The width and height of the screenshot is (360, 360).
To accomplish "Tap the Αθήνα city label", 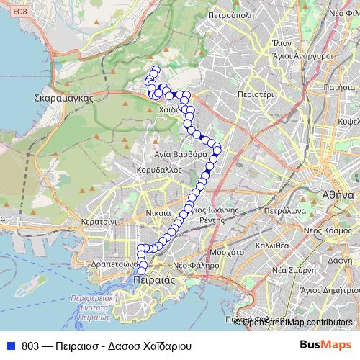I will [x=336, y=194].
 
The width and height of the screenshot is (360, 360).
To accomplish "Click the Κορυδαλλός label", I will [x=158, y=170].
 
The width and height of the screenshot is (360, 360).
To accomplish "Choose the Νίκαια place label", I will [x=158, y=213].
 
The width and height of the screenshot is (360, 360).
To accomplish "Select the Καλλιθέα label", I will [x=272, y=245].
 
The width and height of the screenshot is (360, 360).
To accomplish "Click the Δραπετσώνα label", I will [x=109, y=264].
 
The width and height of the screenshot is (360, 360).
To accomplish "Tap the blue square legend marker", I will [x=12, y=345].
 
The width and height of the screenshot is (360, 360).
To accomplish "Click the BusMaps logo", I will [x=327, y=344].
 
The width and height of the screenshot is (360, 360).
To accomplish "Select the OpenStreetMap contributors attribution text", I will [x=297, y=322].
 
